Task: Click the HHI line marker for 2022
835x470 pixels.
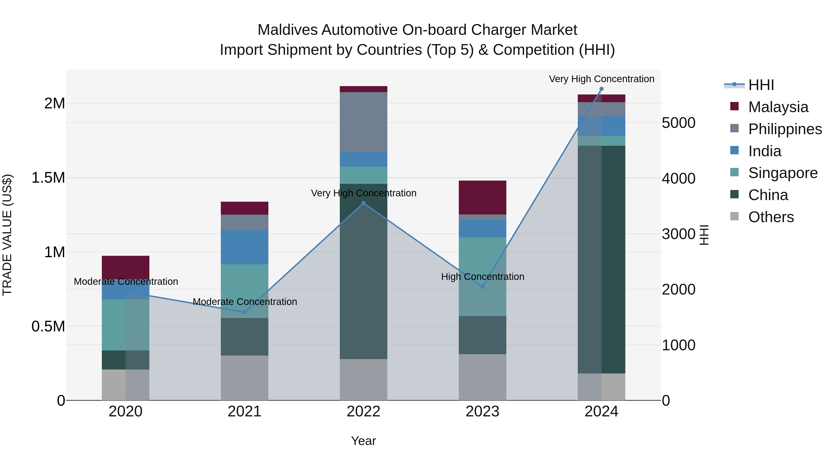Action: point(363,203)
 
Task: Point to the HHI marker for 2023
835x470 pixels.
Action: point(482,287)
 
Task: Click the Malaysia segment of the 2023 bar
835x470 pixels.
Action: point(482,197)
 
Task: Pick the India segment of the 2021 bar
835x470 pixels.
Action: point(245,247)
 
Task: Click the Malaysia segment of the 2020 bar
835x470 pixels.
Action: point(125,267)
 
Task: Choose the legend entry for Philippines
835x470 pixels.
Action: point(785,129)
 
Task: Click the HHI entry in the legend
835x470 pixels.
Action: point(761,85)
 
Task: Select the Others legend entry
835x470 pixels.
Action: point(771,217)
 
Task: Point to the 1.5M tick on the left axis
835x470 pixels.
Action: point(48,178)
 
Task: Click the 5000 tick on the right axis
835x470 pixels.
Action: point(678,123)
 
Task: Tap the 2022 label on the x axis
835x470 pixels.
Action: point(363,412)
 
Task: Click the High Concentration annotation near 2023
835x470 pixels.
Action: point(482,277)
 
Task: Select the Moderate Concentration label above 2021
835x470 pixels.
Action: point(245,302)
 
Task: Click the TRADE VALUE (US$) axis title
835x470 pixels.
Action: point(7,235)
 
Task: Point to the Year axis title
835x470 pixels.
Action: point(363,441)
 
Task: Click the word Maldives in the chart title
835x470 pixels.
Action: point(287,30)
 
